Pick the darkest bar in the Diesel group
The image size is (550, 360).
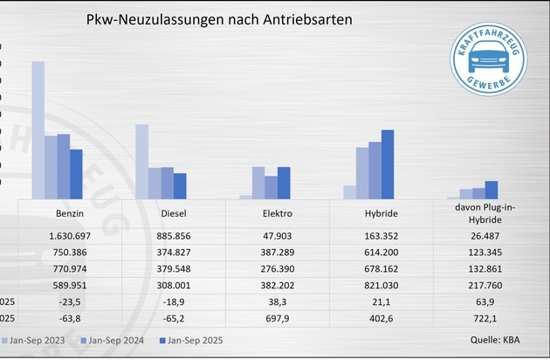(180, 186)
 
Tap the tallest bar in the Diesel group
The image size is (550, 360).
(141, 162)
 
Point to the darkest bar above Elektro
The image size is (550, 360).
(284, 183)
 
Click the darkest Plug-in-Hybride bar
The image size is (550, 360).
(492, 190)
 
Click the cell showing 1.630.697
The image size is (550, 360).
(69, 237)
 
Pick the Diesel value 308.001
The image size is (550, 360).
(175, 284)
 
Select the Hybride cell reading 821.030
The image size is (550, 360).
(381, 284)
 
